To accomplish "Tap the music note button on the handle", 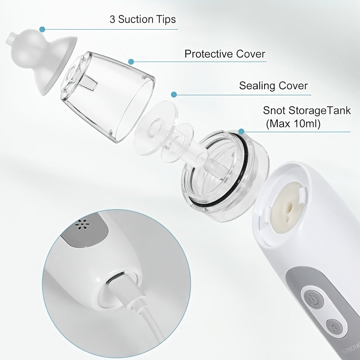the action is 334,327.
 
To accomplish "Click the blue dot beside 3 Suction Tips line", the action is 42,29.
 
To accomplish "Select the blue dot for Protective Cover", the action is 131,62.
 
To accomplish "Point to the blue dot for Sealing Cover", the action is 174,94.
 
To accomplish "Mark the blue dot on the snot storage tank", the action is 241,131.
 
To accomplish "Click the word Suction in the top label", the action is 135,19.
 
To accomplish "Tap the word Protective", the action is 209,54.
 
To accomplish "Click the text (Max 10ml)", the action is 293,124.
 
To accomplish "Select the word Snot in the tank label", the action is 274,110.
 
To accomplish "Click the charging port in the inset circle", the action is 116,279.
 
